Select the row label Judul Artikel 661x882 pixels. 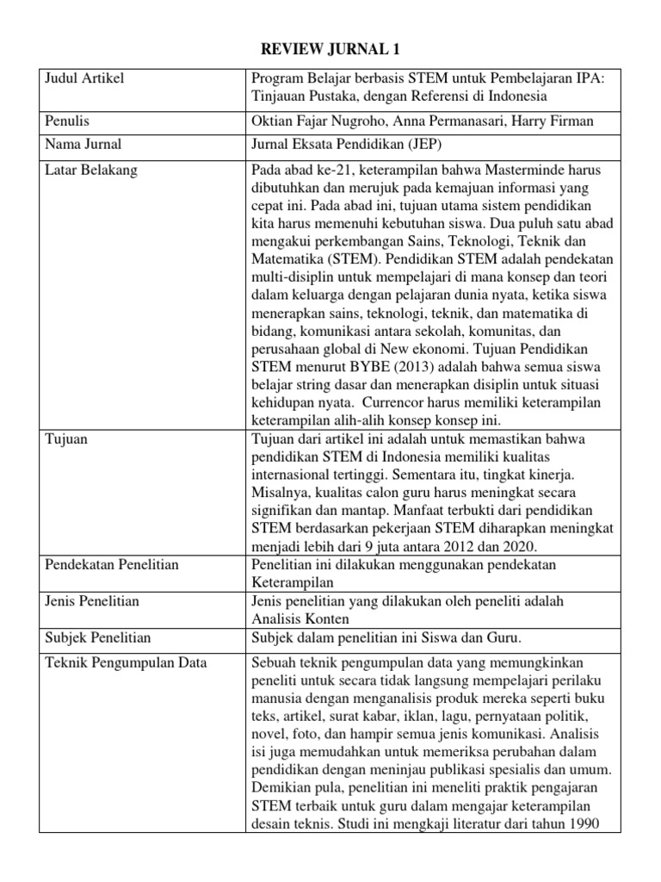pos(83,79)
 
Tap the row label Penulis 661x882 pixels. pos(67,121)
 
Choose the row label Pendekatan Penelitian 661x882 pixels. pos(111,564)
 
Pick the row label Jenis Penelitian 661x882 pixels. pos(92,600)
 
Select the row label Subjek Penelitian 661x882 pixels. pos(97,637)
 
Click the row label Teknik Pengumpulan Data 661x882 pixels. pos(119,662)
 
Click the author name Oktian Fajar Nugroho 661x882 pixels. pos(316,121)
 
